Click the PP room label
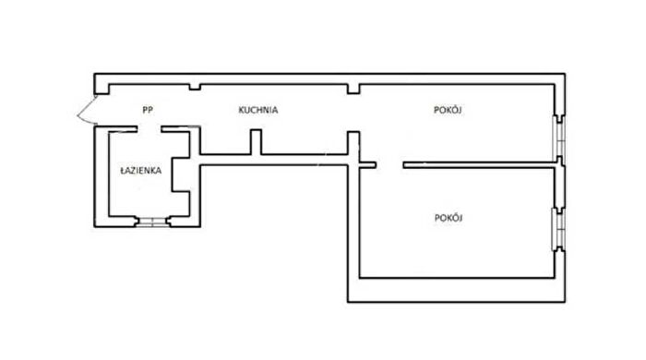tap(148, 110)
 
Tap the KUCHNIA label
tap(258, 110)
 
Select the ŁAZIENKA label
tap(141, 171)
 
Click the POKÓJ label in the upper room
tap(448, 110)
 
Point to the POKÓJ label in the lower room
tap(449, 218)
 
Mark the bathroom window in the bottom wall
tap(153, 222)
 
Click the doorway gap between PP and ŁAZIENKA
tap(150, 129)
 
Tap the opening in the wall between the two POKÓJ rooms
tap(389, 165)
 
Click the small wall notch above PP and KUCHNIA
tap(195, 87)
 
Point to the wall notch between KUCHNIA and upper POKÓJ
tap(353, 89)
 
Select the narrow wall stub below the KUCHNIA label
tap(256, 142)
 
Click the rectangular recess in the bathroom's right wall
tap(181, 174)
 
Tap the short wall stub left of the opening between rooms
tap(367, 165)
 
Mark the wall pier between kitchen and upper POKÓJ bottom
tap(353, 143)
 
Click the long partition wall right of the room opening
tap(479, 165)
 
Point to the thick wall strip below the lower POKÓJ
tap(457, 291)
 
